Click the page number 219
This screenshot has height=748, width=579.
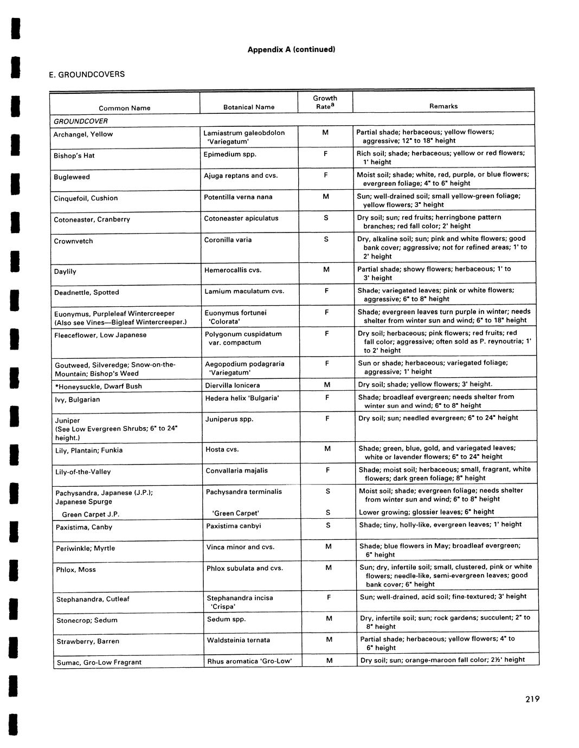(532, 699)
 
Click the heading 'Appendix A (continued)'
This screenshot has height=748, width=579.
(292, 49)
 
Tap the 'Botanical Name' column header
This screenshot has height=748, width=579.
(249, 107)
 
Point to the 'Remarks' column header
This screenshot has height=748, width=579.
(443, 106)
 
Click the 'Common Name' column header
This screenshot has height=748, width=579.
(125, 108)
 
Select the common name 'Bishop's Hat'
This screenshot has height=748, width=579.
(74, 156)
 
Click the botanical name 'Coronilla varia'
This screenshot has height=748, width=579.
(228, 240)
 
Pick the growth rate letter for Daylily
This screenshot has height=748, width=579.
(326, 269)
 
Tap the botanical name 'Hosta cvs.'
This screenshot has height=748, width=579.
(222, 449)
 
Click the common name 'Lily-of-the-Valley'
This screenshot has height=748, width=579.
(83, 472)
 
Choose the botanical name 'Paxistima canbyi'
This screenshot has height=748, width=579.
(234, 526)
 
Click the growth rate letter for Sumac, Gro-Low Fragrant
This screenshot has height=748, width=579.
(329, 660)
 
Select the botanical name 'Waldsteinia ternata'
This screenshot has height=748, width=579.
(239, 640)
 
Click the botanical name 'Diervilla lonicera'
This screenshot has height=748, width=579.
(233, 385)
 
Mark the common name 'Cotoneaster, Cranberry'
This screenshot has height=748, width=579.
(92, 220)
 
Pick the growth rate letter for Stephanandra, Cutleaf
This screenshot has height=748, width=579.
(329, 597)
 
